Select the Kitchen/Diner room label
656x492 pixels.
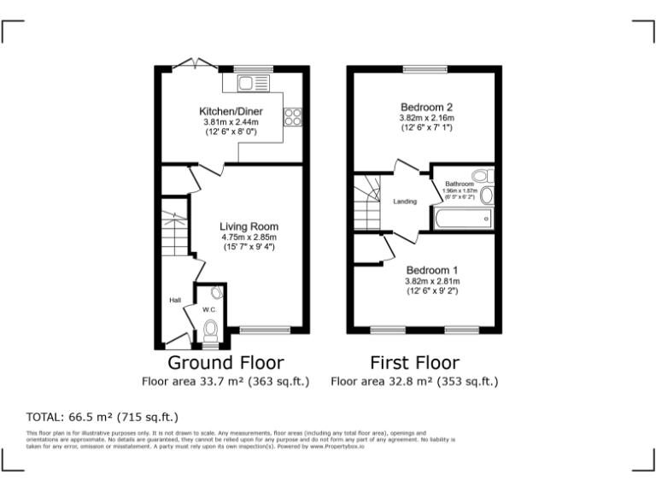pos(231,112)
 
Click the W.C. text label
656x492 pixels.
pos(208,308)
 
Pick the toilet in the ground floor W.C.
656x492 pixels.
pos(211,331)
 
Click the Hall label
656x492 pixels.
pos(174,300)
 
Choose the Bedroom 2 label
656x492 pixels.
pos(426,107)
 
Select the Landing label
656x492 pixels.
pos(405,202)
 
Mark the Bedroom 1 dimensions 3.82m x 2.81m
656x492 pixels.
pos(431,281)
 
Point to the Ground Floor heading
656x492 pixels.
pos(225,362)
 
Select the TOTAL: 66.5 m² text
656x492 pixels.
pos(102,417)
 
